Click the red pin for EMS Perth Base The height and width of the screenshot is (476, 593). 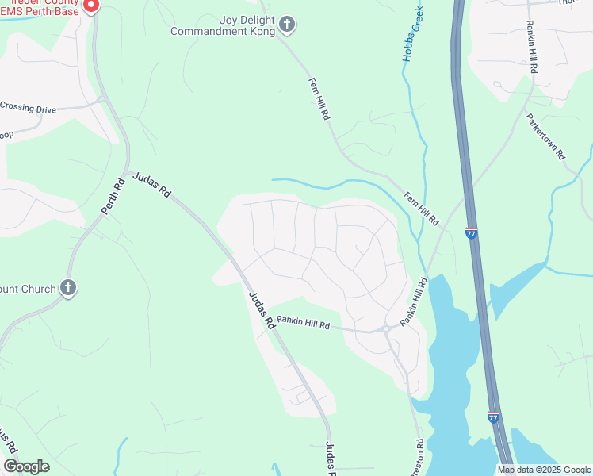(x=91, y=5)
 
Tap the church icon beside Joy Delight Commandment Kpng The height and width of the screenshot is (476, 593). (x=288, y=25)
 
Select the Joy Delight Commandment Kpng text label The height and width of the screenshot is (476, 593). (x=225, y=25)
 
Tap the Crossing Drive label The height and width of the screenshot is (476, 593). (x=29, y=108)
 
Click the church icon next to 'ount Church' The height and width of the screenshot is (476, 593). (x=68, y=288)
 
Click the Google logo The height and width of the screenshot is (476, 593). (x=26, y=466)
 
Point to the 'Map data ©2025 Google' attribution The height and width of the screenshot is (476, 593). (x=544, y=470)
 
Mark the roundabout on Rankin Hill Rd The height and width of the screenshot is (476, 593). (x=386, y=328)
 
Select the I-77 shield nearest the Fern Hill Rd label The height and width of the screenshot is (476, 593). (x=472, y=234)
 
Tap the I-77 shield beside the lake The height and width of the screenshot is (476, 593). (x=493, y=416)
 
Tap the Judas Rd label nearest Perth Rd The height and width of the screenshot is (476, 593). (x=151, y=185)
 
